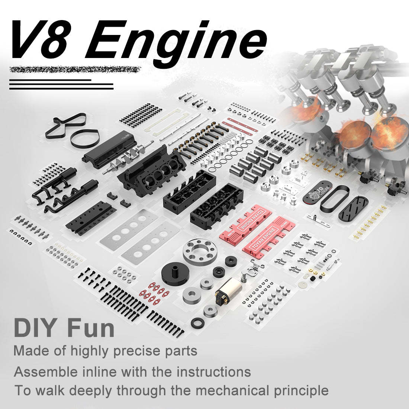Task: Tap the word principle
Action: click(x=302, y=391)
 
